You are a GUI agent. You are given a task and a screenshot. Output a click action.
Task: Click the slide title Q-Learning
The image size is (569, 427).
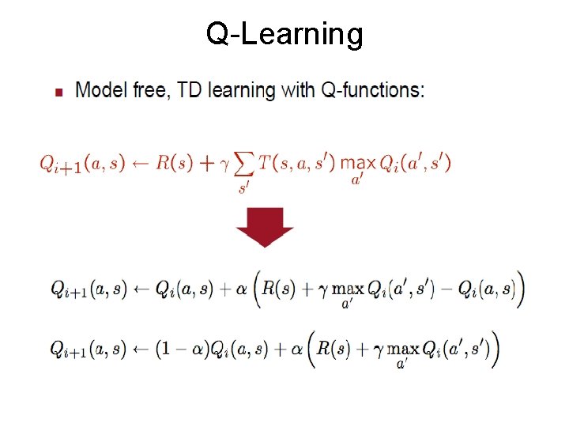tap(284, 35)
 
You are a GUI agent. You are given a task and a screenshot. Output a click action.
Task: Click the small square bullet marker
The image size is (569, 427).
tap(58, 93)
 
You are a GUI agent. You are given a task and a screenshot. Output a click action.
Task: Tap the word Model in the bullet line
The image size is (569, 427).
tap(99, 90)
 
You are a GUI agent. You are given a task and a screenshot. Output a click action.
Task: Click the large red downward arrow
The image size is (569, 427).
tap(265, 227)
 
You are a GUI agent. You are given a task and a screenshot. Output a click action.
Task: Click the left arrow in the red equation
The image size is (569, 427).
tap(141, 163)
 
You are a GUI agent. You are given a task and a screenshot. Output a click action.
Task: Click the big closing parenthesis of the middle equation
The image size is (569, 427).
tap(519, 289)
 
